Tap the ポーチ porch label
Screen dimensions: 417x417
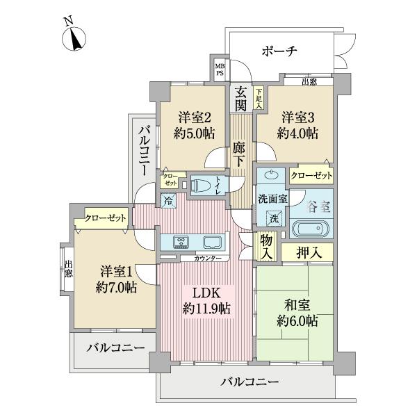tap(279, 51)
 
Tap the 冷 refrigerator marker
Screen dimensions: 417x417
tap(169, 201)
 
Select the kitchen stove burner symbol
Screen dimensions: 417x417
tap(182, 241)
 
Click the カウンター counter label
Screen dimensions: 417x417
tap(206, 259)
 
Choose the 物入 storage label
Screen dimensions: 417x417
tap(267, 247)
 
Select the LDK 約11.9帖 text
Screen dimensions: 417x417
tap(206, 300)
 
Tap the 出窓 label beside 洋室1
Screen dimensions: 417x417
tap(68, 268)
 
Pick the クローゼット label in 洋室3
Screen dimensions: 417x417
tap(311, 176)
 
